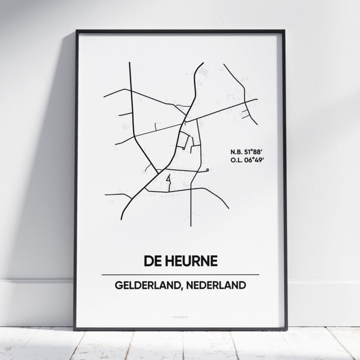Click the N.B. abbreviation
coord(238,151)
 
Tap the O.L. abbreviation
coord(238,160)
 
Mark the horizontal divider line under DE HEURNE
coord(180,274)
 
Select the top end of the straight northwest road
coord(129,62)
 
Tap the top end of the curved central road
coord(203,63)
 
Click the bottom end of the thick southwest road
coord(122,219)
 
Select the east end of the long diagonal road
coord(257,99)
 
